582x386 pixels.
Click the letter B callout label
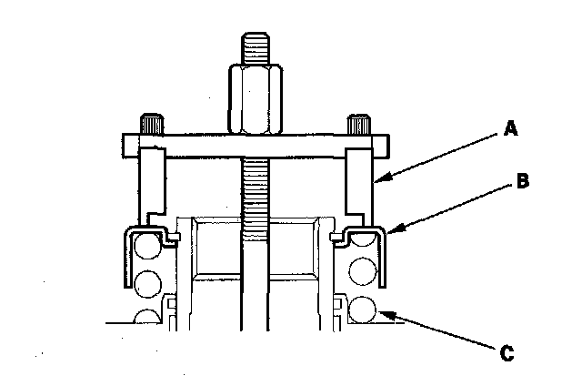[522, 180]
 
